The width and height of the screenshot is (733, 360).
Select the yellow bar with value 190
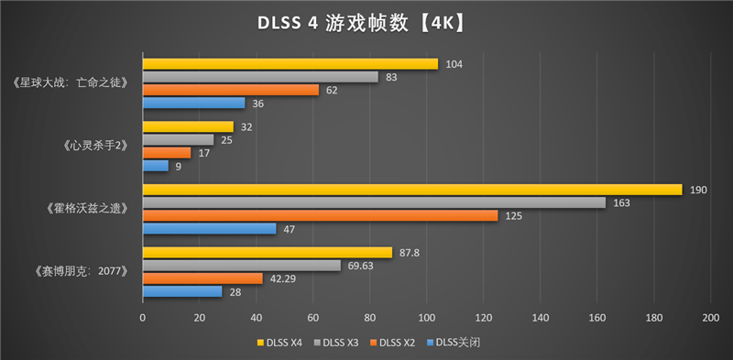[412, 190]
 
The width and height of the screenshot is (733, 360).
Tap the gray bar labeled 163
[374, 202]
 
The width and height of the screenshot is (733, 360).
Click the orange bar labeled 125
[320, 215]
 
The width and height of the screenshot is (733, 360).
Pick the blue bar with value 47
[209, 228]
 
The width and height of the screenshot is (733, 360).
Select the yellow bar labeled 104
[290, 64]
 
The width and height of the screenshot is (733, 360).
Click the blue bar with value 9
[155, 166]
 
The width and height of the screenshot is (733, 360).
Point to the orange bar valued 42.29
[202, 278]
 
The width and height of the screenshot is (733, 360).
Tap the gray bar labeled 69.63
[241, 266]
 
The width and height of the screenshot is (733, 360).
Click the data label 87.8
[409, 253]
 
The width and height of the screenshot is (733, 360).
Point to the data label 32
[246, 127]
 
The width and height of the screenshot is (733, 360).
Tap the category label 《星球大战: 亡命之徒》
[78, 83]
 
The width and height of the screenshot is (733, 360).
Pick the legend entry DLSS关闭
[457, 343]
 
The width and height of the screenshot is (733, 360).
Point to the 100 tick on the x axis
[426, 317]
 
